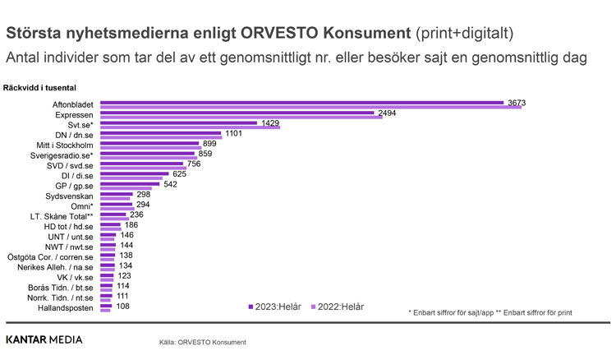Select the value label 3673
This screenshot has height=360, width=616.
517,103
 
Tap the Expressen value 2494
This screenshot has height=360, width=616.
386,113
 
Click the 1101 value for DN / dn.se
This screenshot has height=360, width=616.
234,133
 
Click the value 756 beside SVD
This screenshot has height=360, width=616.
194,164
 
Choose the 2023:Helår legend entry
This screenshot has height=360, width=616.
275,307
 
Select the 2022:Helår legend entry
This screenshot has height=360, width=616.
337,307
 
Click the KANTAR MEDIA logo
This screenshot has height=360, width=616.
44,339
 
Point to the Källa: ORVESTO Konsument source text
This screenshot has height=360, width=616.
203,342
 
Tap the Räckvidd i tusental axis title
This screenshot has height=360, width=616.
40,87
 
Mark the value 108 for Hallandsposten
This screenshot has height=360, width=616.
122,307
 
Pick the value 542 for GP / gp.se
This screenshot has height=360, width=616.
171,185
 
